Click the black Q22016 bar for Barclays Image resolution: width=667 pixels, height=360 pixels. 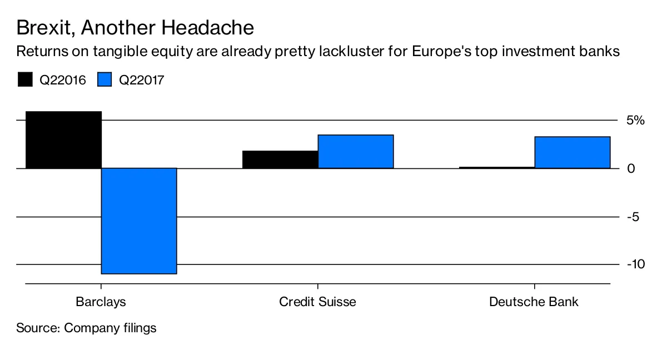pyautogui.click(x=63, y=140)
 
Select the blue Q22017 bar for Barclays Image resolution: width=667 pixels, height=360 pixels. pyautogui.click(x=139, y=221)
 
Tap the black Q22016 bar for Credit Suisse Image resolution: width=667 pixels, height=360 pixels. pyautogui.click(x=280, y=159)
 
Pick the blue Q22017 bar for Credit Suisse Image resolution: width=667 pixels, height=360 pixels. pyautogui.click(x=356, y=152)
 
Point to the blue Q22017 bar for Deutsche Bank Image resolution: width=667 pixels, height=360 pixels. pyautogui.click(x=573, y=152)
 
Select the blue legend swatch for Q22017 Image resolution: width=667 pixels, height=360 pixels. pyautogui.click(x=105, y=79)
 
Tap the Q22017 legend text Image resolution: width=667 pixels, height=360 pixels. pyautogui.click(x=142, y=80)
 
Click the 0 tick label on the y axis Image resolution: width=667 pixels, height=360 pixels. pyautogui.click(x=631, y=168)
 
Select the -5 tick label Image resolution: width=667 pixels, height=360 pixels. pyautogui.click(x=633, y=217)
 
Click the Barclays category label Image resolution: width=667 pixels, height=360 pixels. pyautogui.click(x=101, y=302)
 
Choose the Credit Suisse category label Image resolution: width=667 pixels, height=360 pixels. pyautogui.click(x=317, y=302)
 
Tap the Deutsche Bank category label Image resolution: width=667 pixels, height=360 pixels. pyautogui.click(x=534, y=302)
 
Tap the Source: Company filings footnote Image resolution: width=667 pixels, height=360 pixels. pyautogui.click(x=86, y=328)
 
